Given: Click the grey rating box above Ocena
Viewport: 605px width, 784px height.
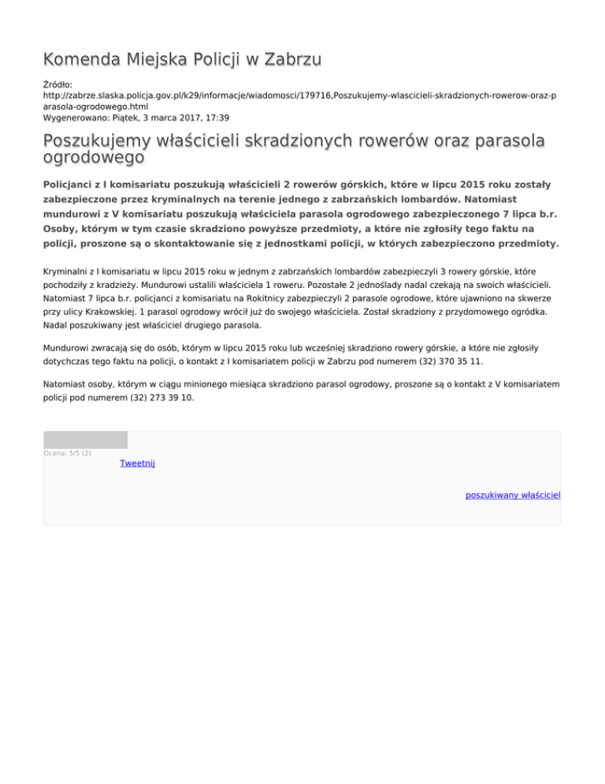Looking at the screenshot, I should pyautogui.click(x=85, y=440).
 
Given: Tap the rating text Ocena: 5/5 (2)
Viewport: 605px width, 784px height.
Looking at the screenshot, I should pyautogui.click(x=68, y=454).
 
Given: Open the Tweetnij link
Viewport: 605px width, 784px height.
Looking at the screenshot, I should pyautogui.click(x=137, y=463).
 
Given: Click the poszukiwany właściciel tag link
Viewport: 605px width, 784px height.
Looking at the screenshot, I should pyautogui.click(x=512, y=495).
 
